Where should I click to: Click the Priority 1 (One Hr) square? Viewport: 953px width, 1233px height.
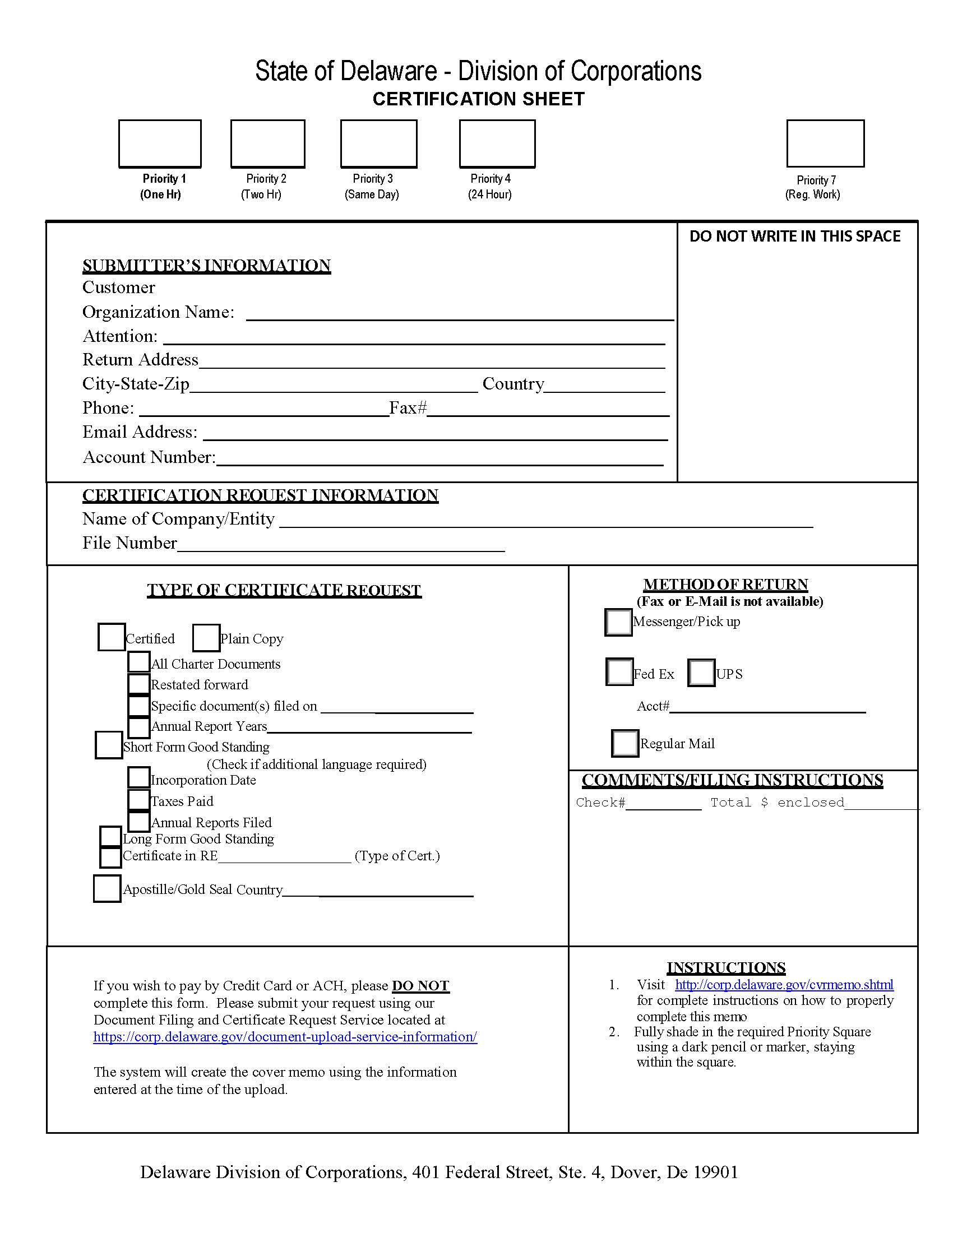pyautogui.click(x=160, y=143)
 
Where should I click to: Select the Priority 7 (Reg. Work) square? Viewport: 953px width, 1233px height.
pyautogui.click(x=825, y=143)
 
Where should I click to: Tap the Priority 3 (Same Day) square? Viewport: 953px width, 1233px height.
pyautogui.click(x=378, y=143)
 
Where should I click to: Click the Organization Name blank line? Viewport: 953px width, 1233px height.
pyautogui.click(x=460, y=314)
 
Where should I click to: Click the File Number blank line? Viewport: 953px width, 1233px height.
pyautogui.click(x=340, y=544)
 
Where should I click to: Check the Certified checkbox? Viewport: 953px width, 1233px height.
pyautogui.click(x=111, y=637)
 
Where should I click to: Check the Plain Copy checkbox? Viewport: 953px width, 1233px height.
pyautogui.click(x=206, y=638)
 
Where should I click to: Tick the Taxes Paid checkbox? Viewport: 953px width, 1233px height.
pyautogui.click(x=138, y=800)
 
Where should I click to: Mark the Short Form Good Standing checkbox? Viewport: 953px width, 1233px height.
pyautogui.click(x=108, y=745)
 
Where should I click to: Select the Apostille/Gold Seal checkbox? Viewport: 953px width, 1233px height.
pyautogui.click(x=107, y=889)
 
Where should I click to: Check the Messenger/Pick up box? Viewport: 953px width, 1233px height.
pyautogui.click(x=618, y=622)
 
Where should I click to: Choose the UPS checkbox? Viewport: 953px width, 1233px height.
pyautogui.click(x=701, y=673)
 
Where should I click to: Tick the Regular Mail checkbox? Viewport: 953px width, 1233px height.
pyautogui.click(x=625, y=743)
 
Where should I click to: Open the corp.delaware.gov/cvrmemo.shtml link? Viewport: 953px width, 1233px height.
pyautogui.click(x=784, y=985)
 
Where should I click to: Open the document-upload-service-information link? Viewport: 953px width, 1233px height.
pyautogui.click(x=285, y=1037)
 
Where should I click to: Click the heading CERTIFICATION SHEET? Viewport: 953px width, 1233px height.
pyautogui.click(x=478, y=99)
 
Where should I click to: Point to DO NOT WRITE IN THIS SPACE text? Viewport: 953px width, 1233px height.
pyautogui.click(x=794, y=237)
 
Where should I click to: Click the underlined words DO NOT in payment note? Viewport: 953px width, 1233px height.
pyautogui.click(x=420, y=986)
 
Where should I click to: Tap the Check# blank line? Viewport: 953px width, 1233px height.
pyautogui.click(x=663, y=804)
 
